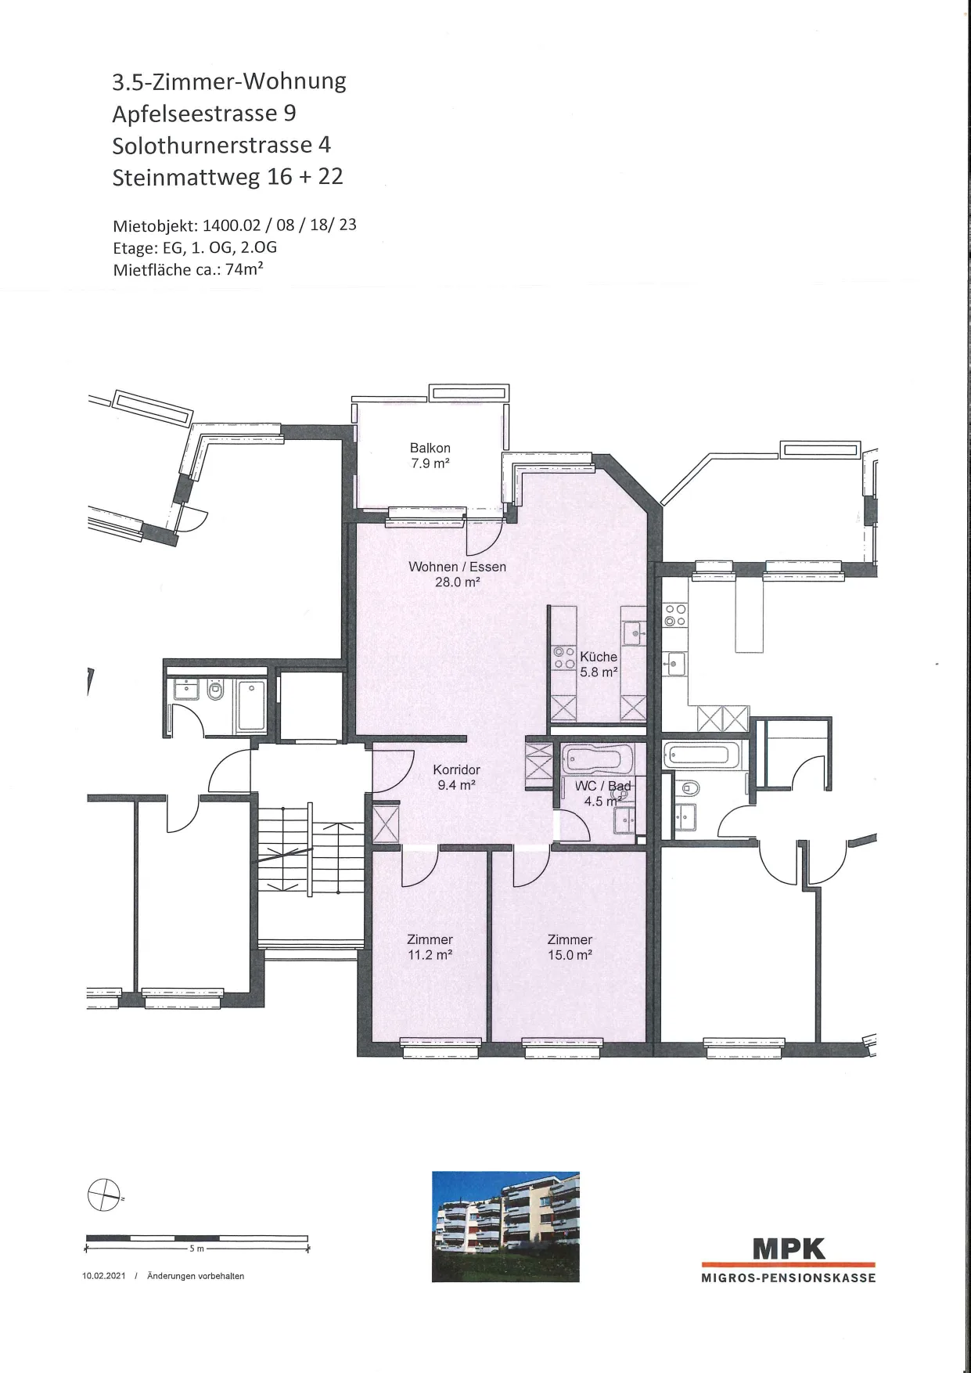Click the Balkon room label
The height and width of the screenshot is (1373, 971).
430,448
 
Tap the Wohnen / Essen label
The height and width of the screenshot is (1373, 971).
457,567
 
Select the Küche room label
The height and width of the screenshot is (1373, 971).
599,657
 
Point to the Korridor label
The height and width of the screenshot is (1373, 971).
456,770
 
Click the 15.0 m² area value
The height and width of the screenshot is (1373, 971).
570,955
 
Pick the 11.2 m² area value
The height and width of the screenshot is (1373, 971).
430,955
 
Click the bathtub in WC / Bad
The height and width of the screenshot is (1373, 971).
598,758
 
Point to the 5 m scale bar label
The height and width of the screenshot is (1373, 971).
196,1249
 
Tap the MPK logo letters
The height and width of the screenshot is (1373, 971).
789,1248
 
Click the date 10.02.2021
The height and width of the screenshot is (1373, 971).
103,1276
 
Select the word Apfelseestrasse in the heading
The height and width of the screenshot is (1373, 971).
195,114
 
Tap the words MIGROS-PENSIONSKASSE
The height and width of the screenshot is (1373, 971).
788,1278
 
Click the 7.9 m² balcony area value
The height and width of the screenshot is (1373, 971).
430,463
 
